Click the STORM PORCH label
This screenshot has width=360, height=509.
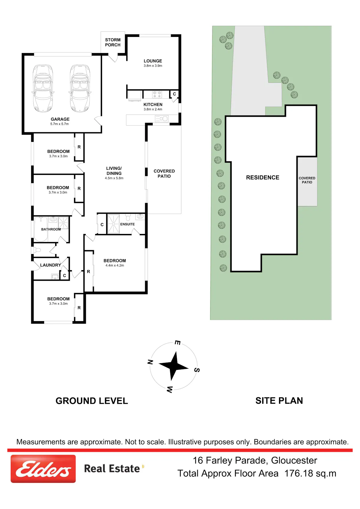113,42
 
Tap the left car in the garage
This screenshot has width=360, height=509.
43,88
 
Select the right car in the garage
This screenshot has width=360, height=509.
80,88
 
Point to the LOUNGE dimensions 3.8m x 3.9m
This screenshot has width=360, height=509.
153,66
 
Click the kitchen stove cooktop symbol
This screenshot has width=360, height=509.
157,94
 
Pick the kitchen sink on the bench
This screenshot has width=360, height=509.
162,118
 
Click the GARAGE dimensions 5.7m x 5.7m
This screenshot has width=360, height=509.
59,124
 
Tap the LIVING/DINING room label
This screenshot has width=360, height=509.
114,171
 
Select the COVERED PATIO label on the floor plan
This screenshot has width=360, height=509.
164,173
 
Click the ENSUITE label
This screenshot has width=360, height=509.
127,224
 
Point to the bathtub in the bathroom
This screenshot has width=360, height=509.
41,229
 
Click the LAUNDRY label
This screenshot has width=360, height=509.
50,265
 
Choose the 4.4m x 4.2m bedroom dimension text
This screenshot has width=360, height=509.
115,265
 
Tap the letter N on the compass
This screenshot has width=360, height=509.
150,362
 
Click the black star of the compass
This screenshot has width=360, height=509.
174,366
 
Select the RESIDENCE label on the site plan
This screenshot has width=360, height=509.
262,178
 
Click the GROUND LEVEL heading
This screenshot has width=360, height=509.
92,401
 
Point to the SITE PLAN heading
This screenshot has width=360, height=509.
279,401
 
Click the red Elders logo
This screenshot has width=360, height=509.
43,469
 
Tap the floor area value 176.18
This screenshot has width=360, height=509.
298,474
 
